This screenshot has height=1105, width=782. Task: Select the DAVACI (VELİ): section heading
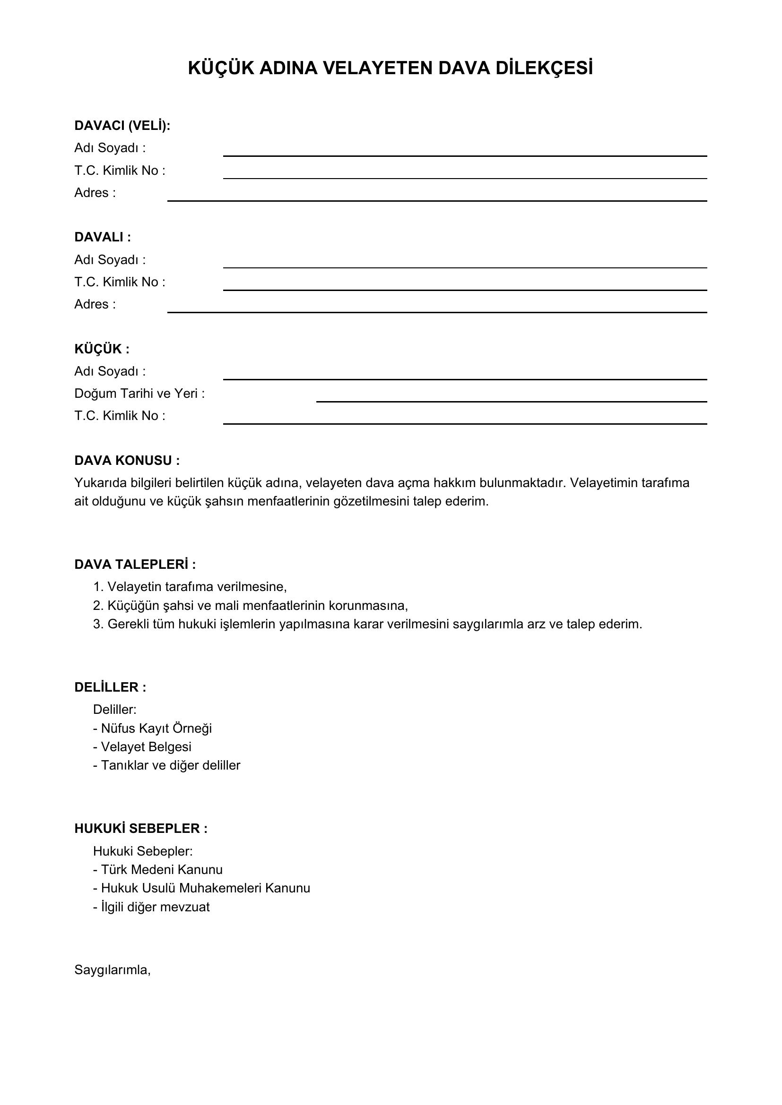(122, 126)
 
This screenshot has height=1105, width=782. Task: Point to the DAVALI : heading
(103, 237)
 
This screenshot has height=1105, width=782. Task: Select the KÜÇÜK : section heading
(102, 349)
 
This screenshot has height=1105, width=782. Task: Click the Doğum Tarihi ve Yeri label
(139, 394)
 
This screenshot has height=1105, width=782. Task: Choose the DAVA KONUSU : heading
(127, 461)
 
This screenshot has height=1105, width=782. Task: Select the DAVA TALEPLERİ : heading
(135, 564)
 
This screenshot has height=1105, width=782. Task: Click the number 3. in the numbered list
(98, 624)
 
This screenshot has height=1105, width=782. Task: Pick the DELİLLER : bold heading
(110, 687)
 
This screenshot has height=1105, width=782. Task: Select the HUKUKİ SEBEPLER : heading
(141, 829)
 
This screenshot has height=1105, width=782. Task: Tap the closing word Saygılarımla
(113, 970)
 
